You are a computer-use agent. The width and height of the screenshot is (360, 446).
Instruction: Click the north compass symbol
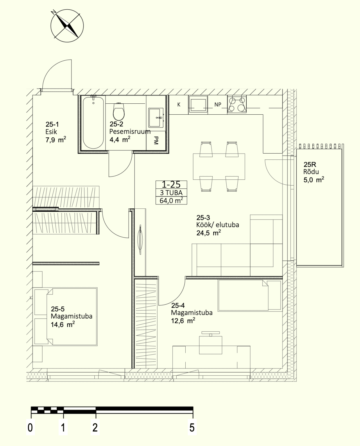67,26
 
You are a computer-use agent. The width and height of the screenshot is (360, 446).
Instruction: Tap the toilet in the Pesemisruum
119,111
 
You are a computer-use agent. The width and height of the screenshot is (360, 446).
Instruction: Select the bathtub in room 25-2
93,123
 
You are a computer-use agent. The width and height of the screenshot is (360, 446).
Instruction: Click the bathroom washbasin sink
156,118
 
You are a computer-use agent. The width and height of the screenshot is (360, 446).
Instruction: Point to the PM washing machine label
156,140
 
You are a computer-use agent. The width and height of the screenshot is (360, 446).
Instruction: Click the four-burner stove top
237,105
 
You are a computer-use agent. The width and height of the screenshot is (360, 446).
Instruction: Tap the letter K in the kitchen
179,105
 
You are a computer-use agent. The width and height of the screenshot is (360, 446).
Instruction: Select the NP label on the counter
218,105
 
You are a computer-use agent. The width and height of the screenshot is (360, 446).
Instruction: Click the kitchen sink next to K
198,105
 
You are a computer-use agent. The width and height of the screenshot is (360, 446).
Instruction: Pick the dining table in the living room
219,166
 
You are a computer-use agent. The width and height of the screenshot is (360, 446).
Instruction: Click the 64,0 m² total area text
171,200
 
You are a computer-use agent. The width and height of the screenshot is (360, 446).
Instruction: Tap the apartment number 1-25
171,184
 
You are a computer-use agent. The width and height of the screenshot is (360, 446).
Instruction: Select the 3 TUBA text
171,193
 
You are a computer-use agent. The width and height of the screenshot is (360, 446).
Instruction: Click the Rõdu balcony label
311,172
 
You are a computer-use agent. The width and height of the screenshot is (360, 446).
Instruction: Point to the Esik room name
51,132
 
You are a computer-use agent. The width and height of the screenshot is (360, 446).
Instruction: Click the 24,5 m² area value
209,233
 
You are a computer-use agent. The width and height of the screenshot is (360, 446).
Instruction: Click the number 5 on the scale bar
192,427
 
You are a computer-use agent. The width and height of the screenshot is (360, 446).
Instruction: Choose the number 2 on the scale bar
95,427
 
